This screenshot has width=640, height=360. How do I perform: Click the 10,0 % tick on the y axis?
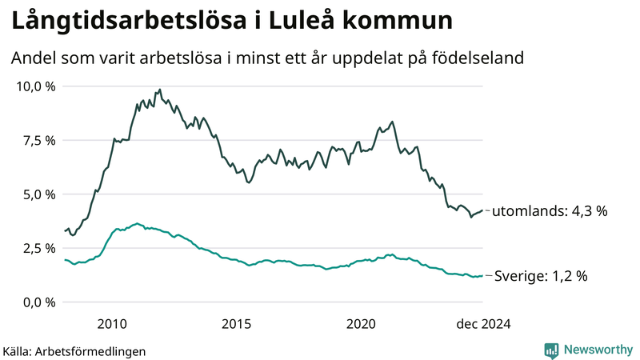[x=35, y=86]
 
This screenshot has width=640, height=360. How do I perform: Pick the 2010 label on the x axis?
[x=111, y=323]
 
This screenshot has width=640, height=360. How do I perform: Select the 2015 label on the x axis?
[x=237, y=323]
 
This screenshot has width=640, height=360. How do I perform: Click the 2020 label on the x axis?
[x=362, y=323]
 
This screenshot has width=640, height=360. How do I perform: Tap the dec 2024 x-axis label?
[x=482, y=323]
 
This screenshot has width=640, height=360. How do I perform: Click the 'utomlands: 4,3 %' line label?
[x=550, y=211]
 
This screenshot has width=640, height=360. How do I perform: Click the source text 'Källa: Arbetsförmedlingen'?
[x=75, y=350]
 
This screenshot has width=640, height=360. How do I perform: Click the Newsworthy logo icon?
[x=551, y=350]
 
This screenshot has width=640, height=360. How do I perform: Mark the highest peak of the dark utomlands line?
[x=160, y=90]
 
